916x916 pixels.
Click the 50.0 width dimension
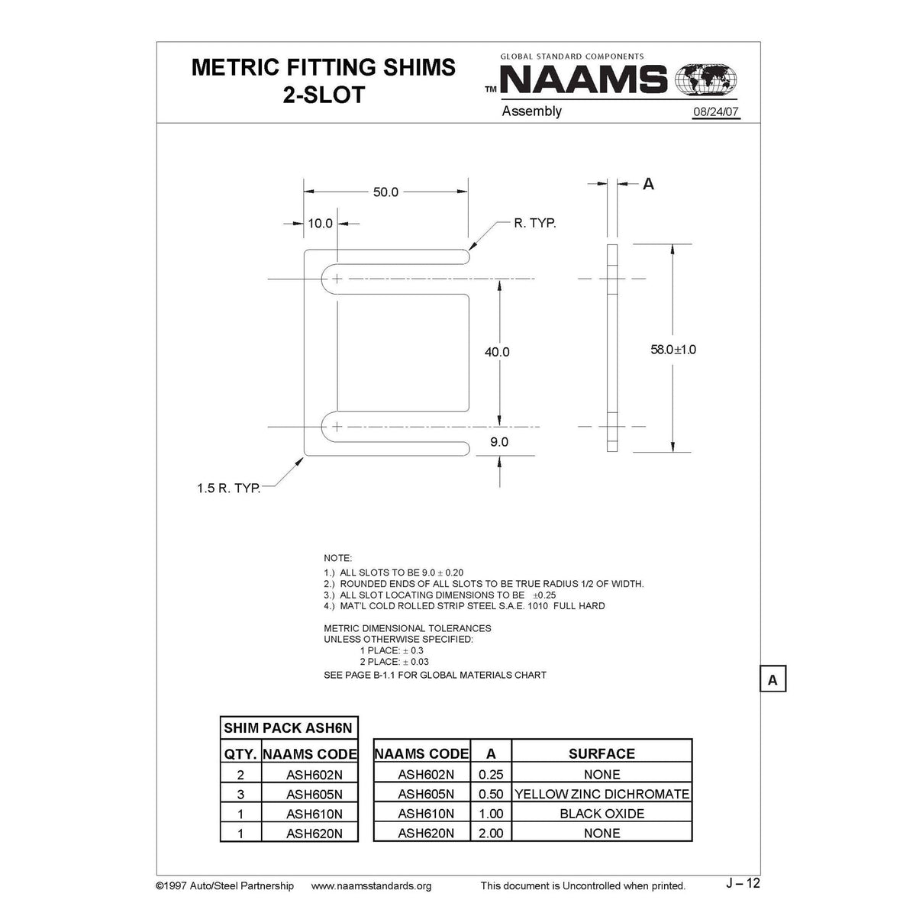click(x=385, y=192)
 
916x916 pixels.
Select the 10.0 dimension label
click(x=320, y=224)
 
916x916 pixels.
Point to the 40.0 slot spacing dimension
click(x=497, y=352)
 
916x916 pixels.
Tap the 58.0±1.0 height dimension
click(x=672, y=350)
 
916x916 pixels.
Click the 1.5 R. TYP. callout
click(x=229, y=488)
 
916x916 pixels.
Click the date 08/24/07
click(x=716, y=112)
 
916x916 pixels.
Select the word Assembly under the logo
click(x=531, y=111)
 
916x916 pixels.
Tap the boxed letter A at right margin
click(x=772, y=679)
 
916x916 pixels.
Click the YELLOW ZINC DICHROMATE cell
click(x=602, y=794)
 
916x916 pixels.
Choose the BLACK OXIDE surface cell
click(x=602, y=814)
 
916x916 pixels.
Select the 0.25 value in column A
click(x=491, y=774)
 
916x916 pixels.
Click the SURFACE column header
click(x=602, y=753)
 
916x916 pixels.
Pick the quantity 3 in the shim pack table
click(x=240, y=794)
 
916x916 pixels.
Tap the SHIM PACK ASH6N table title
click(x=288, y=728)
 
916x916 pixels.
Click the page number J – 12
click(x=743, y=883)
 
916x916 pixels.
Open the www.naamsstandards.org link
click(x=372, y=885)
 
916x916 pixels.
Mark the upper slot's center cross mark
click(x=337, y=279)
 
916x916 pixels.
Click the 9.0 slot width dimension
click(x=499, y=442)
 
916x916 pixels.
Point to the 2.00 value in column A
click(x=491, y=833)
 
